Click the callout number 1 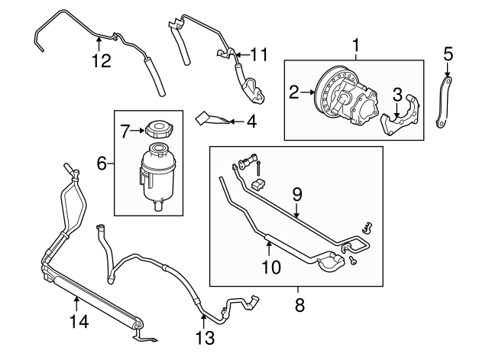click(355, 45)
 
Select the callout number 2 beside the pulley click(293, 93)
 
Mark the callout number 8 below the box click(299, 305)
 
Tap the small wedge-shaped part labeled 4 click(212, 118)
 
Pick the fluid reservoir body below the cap click(158, 174)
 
